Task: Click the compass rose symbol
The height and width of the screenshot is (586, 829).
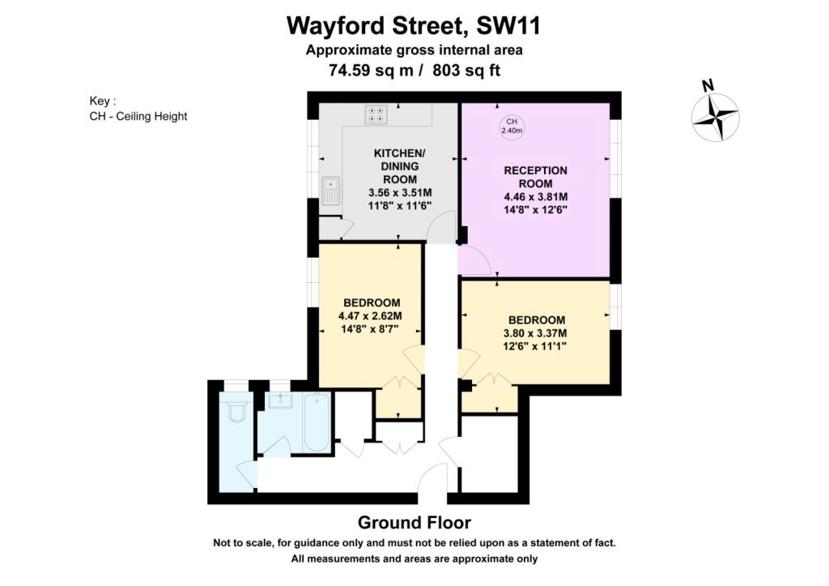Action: click(x=716, y=117)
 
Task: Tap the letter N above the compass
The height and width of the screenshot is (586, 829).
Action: click(x=708, y=85)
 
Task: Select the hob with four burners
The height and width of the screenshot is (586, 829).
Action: click(x=376, y=114)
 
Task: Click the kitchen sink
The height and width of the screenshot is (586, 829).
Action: click(x=331, y=190)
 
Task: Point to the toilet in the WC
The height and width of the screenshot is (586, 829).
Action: click(x=236, y=410)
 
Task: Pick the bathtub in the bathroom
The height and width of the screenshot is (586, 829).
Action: click(x=317, y=422)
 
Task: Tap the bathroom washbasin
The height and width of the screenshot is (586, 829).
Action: click(x=279, y=401)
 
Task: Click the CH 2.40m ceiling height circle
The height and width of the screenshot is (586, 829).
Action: click(x=512, y=126)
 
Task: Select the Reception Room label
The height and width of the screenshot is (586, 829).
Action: click(x=536, y=178)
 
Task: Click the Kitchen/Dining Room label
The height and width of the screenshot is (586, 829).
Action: click(x=400, y=166)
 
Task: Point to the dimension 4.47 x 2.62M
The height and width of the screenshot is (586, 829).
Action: click(x=370, y=316)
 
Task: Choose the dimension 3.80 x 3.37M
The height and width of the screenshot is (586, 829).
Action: click(x=535, y=333)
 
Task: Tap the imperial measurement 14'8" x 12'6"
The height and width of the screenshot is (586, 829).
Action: click(x=535, y=210)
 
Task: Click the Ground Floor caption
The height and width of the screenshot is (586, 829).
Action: click(x=414, y=523)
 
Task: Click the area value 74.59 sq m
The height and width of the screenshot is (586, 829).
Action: click(x=371, y=71)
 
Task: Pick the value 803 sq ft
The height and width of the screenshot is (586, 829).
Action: click(x=466, y=71)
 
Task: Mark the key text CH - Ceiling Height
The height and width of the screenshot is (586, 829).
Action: click(x=138, y=117)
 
